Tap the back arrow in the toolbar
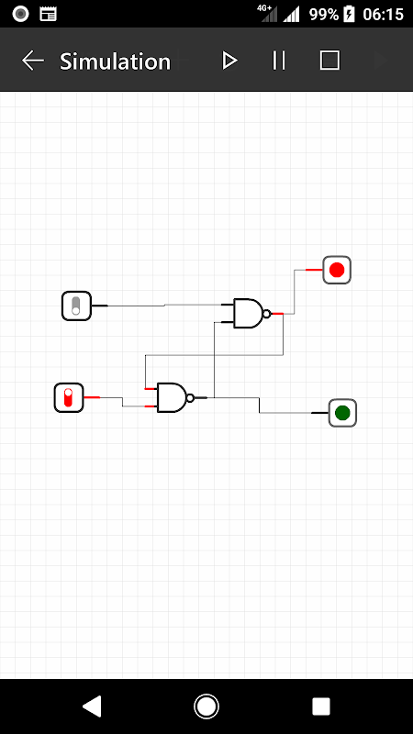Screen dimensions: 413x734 (33, 61)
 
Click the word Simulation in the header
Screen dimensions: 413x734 (116, 61)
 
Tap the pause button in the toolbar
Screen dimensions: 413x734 (279, 61)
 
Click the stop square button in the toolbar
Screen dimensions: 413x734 (329, 61)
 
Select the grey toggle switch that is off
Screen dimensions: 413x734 (76, 306)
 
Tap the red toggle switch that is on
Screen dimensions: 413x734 (69, 397)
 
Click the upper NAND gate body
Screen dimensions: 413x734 (248, 313)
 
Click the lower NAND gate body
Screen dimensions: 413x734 (172, 397)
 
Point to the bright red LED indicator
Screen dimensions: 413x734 (337, 270)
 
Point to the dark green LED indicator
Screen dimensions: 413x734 (342, 413)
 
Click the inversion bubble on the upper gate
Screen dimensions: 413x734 (267, 314)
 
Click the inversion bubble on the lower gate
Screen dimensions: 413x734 (190, 398)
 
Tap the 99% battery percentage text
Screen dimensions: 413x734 (324, 15)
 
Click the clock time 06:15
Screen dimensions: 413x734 (383, 15)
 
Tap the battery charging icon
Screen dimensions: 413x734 (350, 14)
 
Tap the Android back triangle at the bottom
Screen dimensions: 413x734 (93, 706)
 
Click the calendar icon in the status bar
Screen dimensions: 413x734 (49, 14)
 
